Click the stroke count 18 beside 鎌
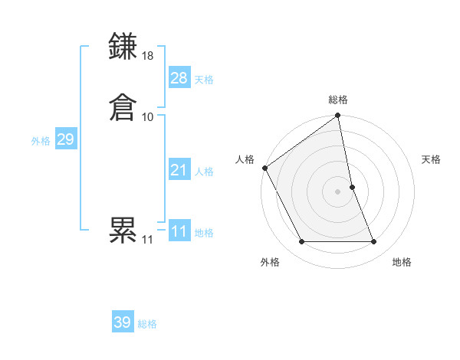(x=148, y=56)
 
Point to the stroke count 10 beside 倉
(x=148, y=116)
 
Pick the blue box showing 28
(x=179, y=78)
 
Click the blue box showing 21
(x=179, y=170)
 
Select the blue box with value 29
(x=65, y=139)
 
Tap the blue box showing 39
(x=123, y=322)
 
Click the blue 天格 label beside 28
(x=204, y=80)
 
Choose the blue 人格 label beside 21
(x=204, y=172)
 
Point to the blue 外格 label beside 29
(x=41, y=141)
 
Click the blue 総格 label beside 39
(x=147, y=324)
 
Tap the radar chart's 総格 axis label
(x=338, y=100)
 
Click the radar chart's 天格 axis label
(x=431, y=159)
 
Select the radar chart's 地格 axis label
(x=402, y=263)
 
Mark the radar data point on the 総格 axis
(x=338, y=116)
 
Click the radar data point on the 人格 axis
(x=264, y=168)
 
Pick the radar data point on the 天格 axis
(x=352, y=187)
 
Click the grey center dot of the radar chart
(x=338, y=191)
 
